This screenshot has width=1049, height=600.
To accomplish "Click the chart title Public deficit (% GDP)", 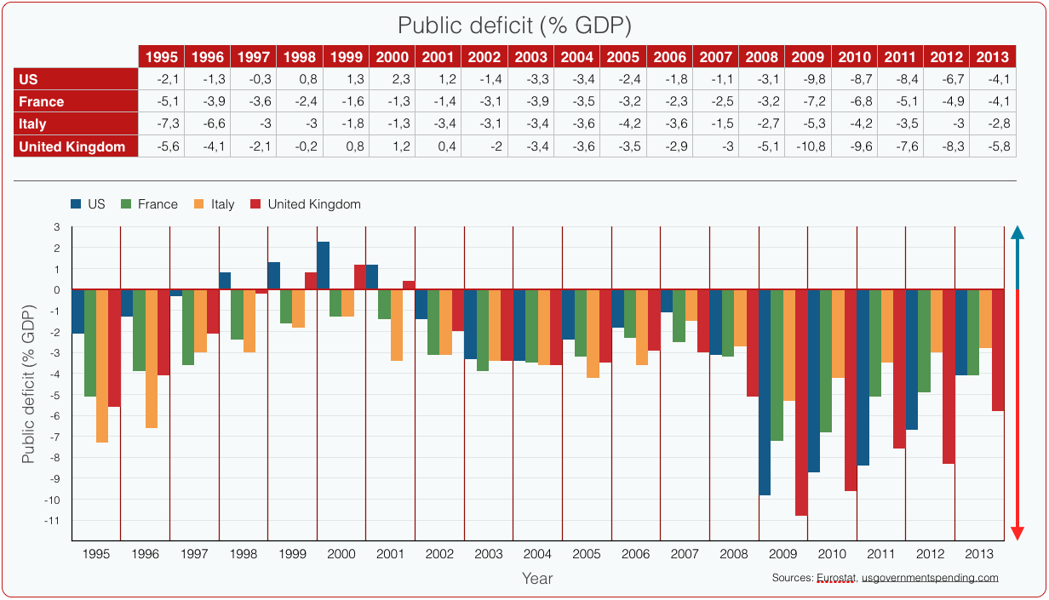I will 515,26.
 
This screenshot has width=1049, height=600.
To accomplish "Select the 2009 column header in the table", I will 807,57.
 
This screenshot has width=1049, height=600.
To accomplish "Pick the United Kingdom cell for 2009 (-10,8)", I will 807,146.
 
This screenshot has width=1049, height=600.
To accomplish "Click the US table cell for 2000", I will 393,79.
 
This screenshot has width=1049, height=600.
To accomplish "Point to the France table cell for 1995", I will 161,101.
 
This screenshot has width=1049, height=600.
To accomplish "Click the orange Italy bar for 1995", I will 102,366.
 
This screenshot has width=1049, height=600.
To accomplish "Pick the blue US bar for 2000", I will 324,266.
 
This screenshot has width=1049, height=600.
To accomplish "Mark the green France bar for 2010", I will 826,361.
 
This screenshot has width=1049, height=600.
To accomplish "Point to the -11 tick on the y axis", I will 54,520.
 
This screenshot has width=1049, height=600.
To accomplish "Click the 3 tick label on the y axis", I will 57,227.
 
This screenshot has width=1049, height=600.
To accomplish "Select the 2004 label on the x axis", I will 537,554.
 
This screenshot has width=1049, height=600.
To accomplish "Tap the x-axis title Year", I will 537,579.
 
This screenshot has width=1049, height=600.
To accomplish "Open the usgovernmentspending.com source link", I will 930,578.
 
